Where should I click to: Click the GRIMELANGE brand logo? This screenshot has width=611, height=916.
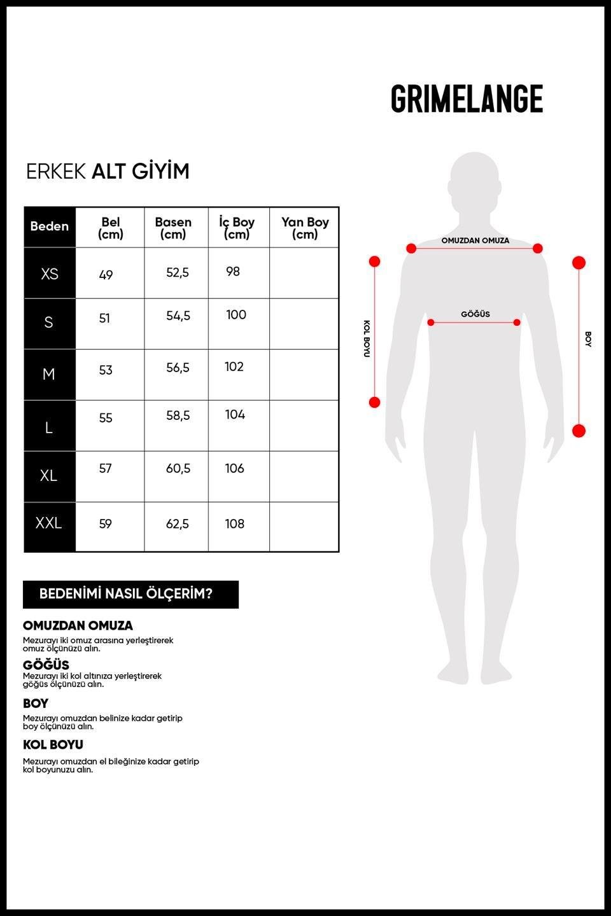(467, 99)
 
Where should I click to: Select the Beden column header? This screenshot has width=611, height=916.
(50, 226)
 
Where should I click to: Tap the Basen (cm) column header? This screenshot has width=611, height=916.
(173, 228)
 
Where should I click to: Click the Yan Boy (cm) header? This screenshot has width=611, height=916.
(305, 228)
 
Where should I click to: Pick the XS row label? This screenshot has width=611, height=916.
(50, 274)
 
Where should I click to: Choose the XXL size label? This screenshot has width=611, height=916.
(49, 523)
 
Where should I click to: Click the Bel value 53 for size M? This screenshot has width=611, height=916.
(106, 370)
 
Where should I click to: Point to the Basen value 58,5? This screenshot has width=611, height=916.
(178, 415)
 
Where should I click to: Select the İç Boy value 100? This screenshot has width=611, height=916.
(236, 314)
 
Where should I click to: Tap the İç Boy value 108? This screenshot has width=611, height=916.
(234, 524)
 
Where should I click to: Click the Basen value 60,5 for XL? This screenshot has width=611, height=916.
(178, 468)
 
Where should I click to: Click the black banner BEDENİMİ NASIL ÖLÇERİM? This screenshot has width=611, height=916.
(130, 594)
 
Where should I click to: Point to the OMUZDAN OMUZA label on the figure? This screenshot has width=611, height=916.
(475, 240)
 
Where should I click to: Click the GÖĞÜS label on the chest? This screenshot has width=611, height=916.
(475, 314)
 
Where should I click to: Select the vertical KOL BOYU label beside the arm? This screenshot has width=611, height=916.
(367, 338)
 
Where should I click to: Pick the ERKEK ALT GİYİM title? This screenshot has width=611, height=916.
(108, 171)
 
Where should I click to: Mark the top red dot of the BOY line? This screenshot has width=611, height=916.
(579, 263)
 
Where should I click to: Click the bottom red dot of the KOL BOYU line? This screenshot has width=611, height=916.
(374, 403)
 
